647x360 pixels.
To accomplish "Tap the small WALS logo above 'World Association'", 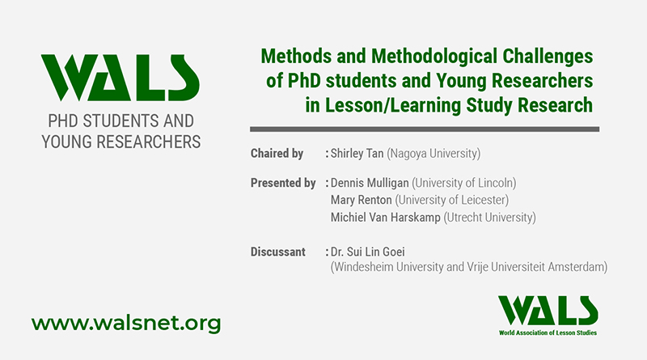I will pos(548,307).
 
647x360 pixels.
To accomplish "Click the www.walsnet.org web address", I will pos(125,324).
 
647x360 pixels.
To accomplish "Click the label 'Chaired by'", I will pos(277,154).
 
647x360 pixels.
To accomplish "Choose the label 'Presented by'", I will pos(283,183).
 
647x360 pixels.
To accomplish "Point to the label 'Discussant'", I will pos(278,252).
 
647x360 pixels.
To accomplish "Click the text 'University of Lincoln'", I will pos(464,183).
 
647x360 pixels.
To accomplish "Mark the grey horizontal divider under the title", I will pos(424,129).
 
